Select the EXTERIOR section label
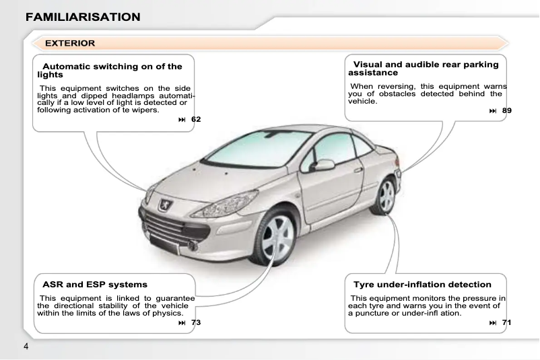tap(70, 43)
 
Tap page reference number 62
tap(195, 119)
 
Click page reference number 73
tap(195, 323)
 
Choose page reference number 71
tap(507, 323)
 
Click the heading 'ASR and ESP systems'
tap(95, 285)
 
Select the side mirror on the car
tap(324, 165)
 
